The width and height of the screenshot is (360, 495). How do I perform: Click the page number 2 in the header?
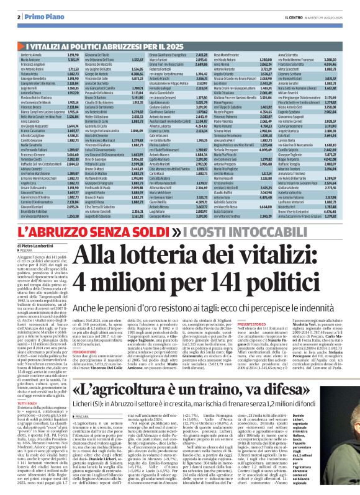20,17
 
